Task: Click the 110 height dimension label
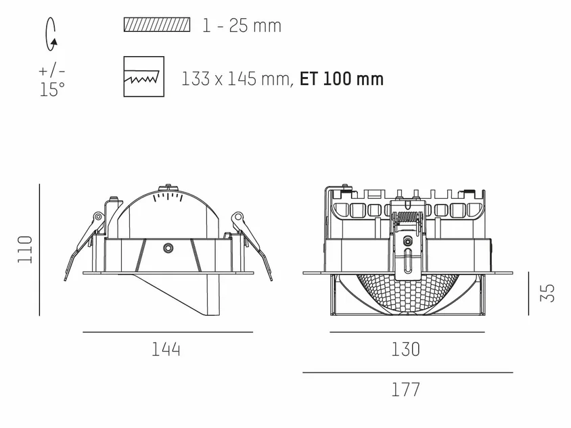click(25, 249)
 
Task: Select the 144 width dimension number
click(166, 350)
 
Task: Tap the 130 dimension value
click(406, 350)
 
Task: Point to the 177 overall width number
click(406, 389)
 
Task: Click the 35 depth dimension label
click(547, 293)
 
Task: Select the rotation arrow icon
click(51, 34)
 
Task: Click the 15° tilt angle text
click(52, 89)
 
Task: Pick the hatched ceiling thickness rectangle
click(157, 25)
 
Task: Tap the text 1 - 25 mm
click(242, 26)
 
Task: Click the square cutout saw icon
click(144, 76)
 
